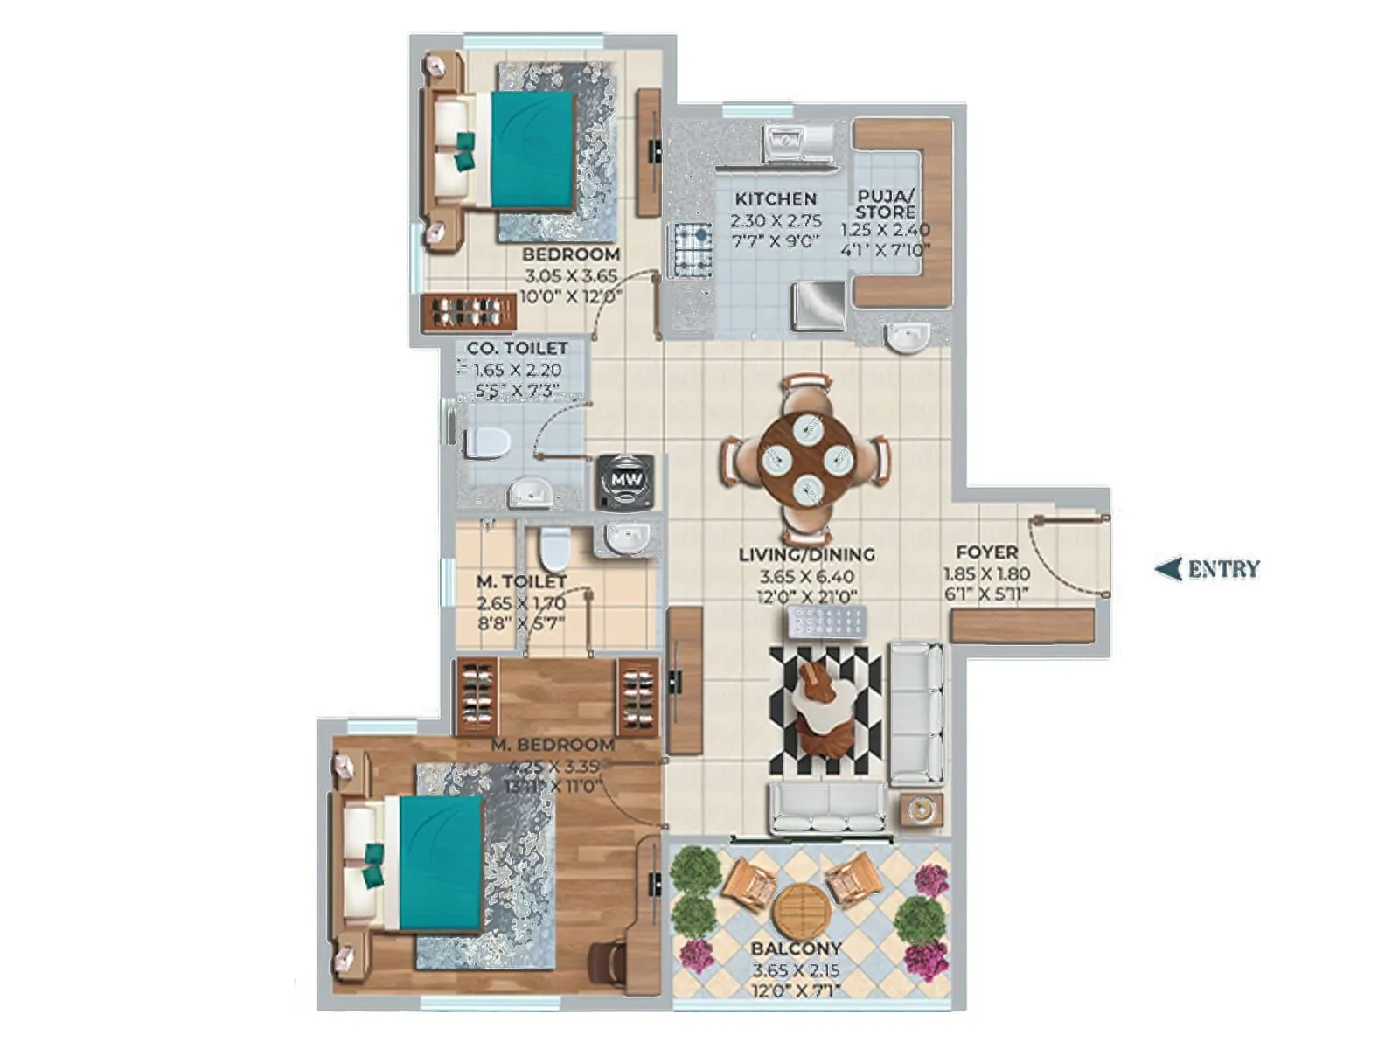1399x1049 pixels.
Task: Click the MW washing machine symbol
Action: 625,480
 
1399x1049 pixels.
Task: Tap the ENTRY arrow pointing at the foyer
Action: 1168,569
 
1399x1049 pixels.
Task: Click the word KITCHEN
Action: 775,198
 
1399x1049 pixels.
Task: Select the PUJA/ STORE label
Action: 886,204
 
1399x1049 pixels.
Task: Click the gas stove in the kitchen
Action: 693,249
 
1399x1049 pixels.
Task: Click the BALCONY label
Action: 796,948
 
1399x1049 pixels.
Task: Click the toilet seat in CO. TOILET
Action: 486,443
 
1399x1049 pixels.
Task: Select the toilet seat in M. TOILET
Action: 553,547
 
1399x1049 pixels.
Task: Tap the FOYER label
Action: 986,552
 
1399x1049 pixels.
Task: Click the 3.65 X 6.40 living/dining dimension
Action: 806,577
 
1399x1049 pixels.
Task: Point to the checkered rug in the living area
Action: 825,710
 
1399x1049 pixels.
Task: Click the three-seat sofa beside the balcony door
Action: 826,807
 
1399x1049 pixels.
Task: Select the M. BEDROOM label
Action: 553,745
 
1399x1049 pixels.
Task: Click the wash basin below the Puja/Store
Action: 906,337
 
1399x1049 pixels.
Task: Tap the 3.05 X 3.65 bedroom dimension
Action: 570,275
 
